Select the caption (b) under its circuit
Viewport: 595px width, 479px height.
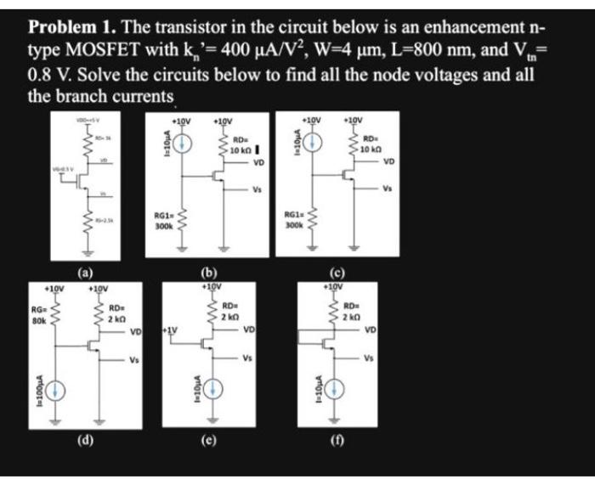pyautogui.click(x=207, y=272)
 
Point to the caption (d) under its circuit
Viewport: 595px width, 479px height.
pyautogui.click(x=86, y=441)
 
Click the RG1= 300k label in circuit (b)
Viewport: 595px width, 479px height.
pyautogui.click(x=164, y=222)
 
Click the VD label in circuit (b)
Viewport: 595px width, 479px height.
pyautogui.click(x=258, y=161)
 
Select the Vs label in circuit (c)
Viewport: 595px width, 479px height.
pyautogui.click(x=388, y=188)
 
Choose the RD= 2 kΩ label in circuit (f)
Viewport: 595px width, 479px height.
pyautogui.click(x=355, y=312)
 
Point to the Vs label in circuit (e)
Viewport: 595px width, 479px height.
pyautogui.click(x=247, y=357)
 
